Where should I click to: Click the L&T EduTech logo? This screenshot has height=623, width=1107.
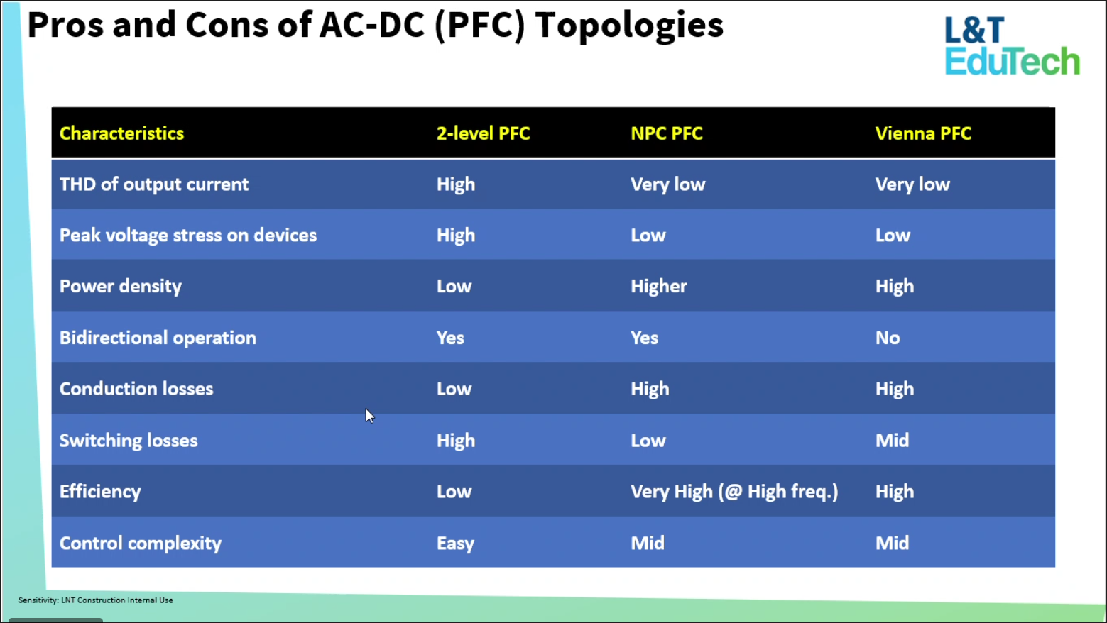point(1012,45)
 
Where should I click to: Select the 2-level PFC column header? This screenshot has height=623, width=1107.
point(483,133)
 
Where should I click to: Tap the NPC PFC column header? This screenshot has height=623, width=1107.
point(666,133)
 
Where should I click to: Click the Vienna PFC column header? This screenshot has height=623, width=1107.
point(923,133)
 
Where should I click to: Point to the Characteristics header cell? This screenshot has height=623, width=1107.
point(121,133)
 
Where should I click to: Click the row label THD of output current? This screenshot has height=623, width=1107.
point(154,184)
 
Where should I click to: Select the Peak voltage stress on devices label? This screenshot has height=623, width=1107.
point(187,236)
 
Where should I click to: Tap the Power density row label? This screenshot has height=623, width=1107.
point(121,287)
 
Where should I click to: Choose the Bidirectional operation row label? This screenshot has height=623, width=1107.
point(158,338)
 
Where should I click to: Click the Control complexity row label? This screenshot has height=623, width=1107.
point(141,544)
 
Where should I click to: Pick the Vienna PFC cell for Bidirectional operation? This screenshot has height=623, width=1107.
point(888,338)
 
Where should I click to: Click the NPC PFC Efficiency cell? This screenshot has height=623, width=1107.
point(734,492)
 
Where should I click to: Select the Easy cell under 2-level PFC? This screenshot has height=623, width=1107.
point(455,544)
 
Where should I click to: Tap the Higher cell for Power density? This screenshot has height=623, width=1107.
point(659,287)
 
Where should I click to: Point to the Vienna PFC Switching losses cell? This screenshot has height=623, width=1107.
point(892,441)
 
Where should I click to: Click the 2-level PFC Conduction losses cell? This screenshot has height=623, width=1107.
point(454,389)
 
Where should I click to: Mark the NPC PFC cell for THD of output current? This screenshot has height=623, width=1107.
point(667,184)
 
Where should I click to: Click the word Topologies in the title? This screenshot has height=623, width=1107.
point(629,26)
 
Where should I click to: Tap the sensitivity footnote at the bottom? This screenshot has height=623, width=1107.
point(96,600)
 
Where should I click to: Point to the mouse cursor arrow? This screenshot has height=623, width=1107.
point(370,416)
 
